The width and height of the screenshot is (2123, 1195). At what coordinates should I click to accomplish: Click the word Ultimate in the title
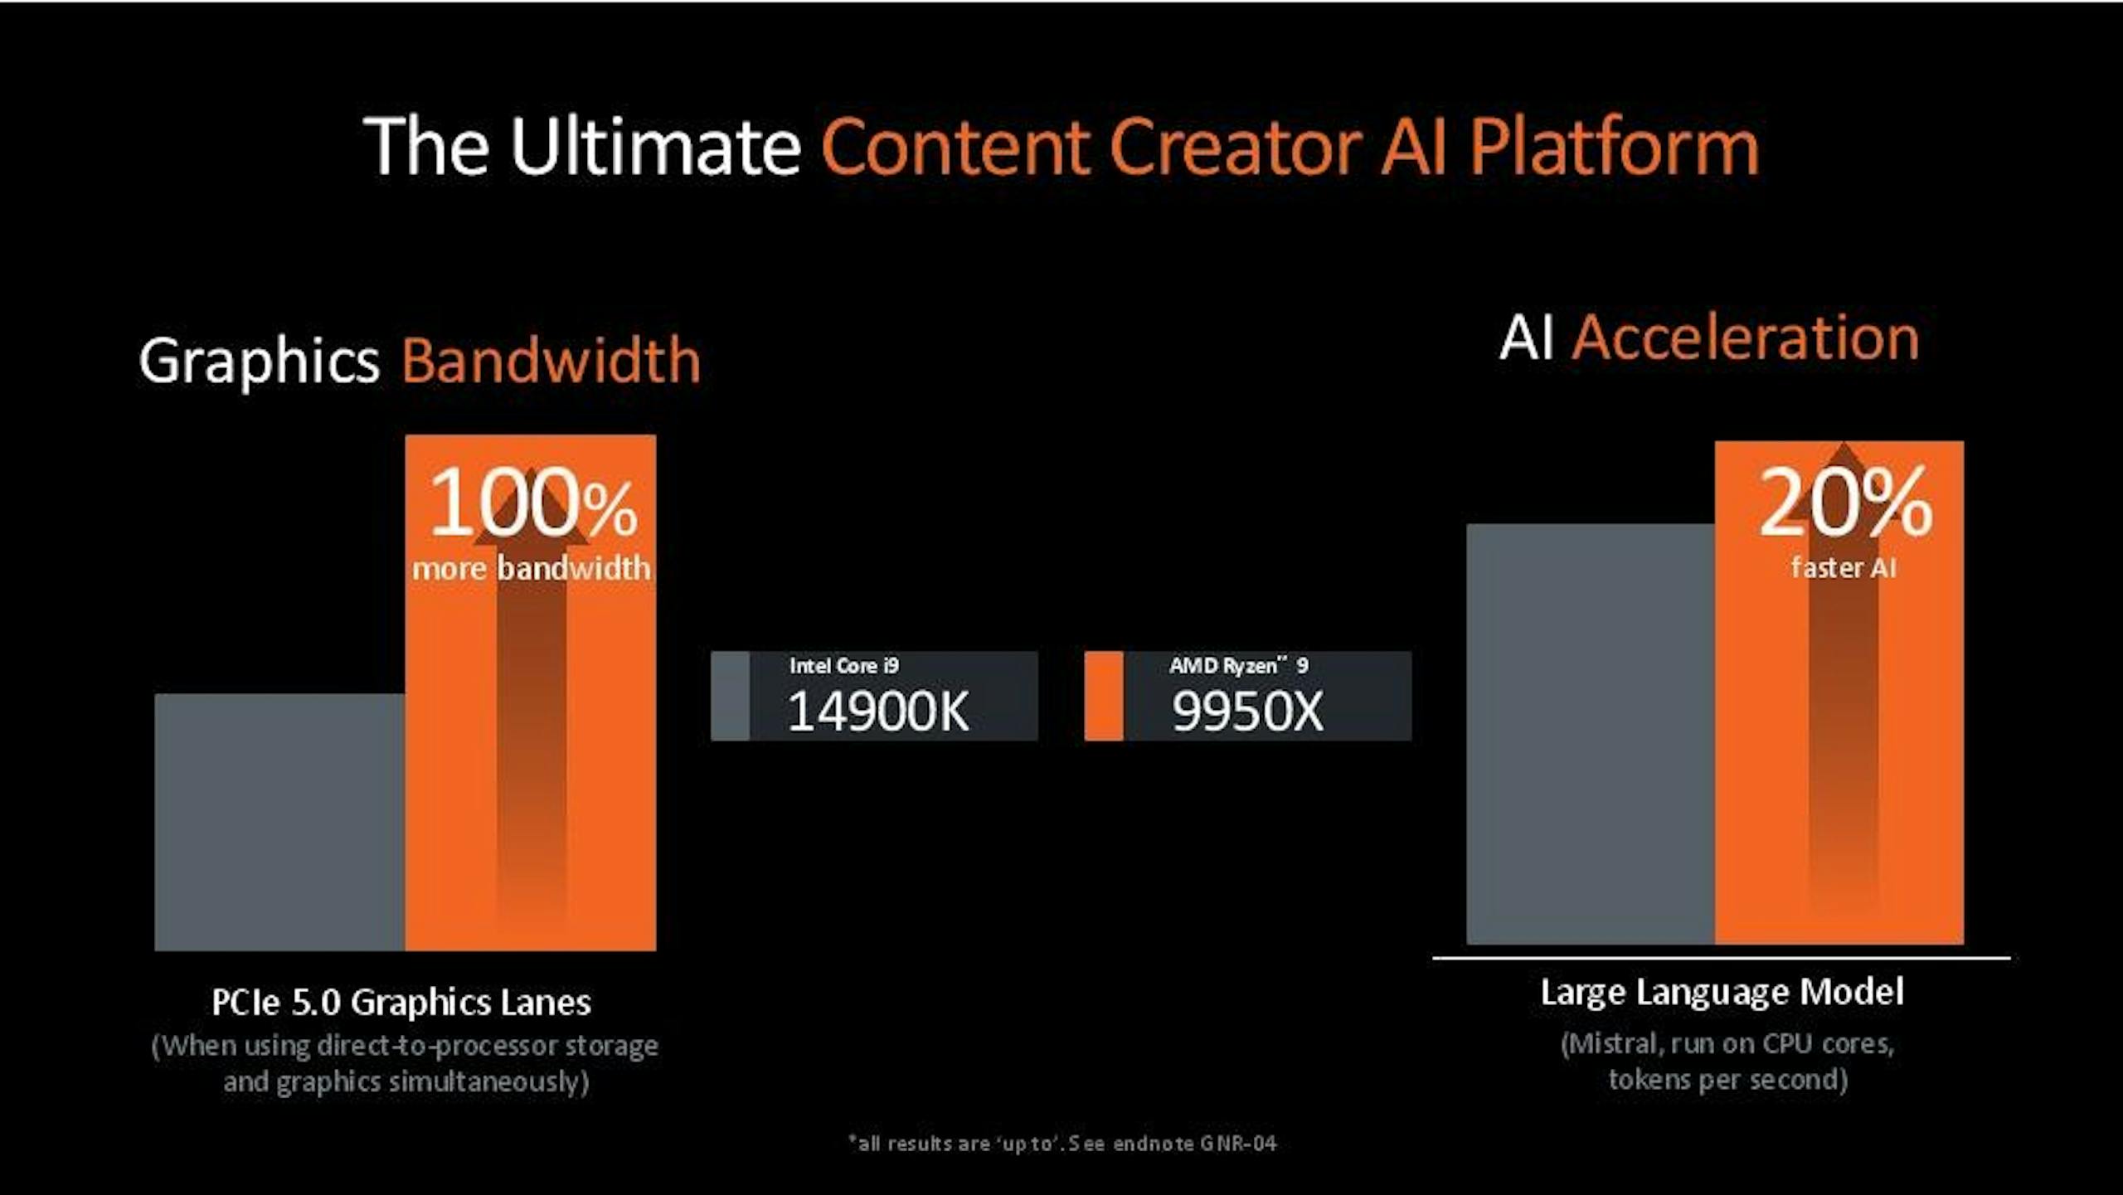(655, 146)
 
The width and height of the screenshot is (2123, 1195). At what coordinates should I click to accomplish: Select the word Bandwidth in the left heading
(551, 361)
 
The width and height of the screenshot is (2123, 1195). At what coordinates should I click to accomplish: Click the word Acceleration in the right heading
(1746, 338)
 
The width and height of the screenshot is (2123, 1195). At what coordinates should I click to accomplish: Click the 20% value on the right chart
(1845, 503)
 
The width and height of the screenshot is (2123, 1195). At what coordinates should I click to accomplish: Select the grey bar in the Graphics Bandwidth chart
(279, 822)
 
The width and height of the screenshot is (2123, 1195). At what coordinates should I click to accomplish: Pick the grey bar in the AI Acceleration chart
(1591, 733)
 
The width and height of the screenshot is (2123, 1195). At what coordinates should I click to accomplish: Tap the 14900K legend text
(878, 712)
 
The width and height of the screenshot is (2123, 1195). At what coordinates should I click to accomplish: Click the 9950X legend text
(1247, 712)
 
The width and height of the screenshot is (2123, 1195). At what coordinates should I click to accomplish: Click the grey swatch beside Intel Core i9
(730, 696)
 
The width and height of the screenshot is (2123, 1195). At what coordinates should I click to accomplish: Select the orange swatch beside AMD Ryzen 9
(1104, 696)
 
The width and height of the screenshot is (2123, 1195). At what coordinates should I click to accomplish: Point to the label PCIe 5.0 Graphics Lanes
(401, 1003)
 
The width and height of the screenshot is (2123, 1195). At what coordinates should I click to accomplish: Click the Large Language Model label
(1722, 993)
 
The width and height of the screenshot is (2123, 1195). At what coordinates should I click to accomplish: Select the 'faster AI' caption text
(1844, 568)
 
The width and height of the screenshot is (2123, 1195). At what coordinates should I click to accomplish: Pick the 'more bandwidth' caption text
(532, 568)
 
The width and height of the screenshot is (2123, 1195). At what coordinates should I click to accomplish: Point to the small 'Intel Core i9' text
(844, 665)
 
